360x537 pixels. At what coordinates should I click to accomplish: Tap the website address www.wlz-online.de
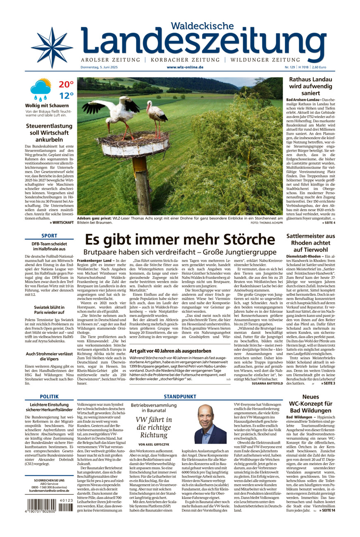click(x=185, y=67)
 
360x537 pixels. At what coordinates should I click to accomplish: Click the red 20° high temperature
click(x=66, y=85)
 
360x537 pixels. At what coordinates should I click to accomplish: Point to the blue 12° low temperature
click(x=66, y=96)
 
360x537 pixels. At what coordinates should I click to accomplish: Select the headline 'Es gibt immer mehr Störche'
click(x=180, y=240)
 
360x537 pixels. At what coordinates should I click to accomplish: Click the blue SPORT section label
click(x=49, y=236)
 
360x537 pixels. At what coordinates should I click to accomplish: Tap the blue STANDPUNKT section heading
click(x=180, y=397)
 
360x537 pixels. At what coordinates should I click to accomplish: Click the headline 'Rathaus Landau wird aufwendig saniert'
click(x=310, y=86)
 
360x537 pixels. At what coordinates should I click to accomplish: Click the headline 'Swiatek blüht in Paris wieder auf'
click(x=49, y=310)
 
